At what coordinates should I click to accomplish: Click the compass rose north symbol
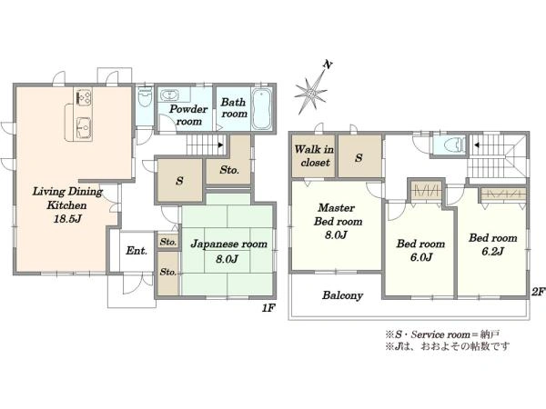tap(311, 91)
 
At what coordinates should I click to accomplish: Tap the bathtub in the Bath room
tap(263, 109)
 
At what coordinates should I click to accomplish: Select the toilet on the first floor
tap(145, 98)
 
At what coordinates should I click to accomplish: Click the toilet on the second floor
tap(455, 144)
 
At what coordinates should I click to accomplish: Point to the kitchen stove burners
tap(84, 96)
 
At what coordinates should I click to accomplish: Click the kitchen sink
tap(84, 127)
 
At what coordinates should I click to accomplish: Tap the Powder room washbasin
tap(169, 95)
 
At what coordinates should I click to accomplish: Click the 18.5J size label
tap(67, 219)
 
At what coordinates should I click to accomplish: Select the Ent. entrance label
tap(136, 251)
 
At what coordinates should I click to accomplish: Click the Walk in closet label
tap(314, 155)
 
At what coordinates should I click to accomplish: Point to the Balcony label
tap(343, 295)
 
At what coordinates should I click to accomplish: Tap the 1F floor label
tap(268, 307)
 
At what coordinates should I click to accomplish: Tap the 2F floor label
tap(538, 292)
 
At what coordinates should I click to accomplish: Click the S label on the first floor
tap(179, 181)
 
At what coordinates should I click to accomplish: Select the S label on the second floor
tap(359, 158)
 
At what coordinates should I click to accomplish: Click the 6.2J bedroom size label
tap(492, 252)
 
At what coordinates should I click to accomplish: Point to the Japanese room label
tap(228, 244)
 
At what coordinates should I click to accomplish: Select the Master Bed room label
tap(339, 214)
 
